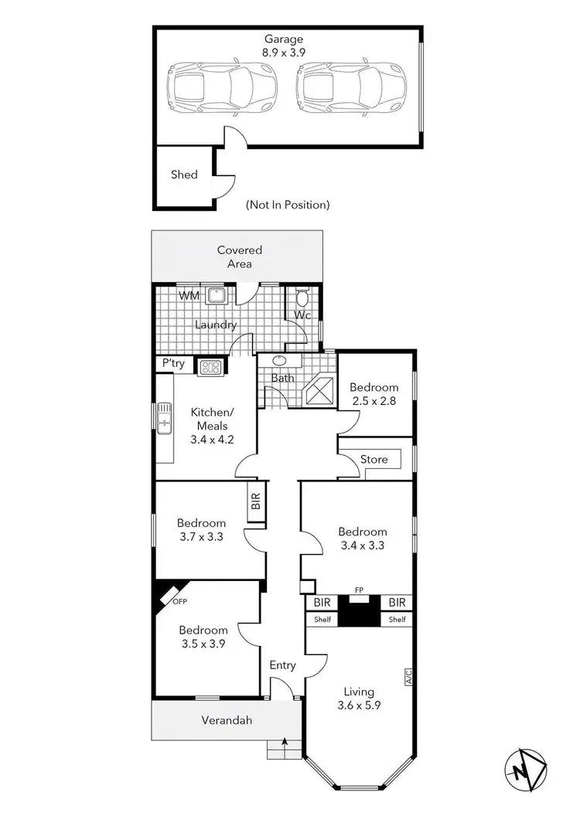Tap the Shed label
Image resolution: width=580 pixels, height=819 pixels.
184,175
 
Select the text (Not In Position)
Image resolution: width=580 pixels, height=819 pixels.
288,205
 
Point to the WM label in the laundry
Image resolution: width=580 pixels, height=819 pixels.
188,296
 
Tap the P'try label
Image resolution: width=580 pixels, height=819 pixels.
173,363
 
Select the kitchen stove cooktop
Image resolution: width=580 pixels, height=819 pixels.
210,368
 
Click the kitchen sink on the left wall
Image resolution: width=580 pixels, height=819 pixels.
164,418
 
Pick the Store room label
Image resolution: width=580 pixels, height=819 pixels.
374,460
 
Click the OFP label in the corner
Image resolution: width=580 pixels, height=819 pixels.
179,601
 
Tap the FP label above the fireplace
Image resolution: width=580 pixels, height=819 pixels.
359,590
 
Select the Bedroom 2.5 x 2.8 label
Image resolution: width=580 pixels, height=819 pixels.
374,394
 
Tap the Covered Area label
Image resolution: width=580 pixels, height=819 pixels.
239,257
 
